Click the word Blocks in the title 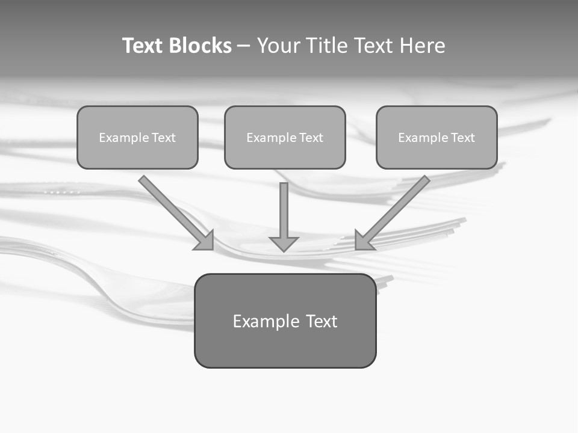(200, 46)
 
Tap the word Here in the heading (423, 46)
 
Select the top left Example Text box (137, 138)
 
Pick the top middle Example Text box (285, 138)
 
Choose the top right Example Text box (437, 138)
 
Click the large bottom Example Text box (285, 321)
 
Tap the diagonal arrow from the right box (397, 207)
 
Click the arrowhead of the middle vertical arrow (284, 244)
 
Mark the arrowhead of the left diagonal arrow (206, 241)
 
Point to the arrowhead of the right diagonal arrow (362, 241)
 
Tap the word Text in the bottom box (322, 321)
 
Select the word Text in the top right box (462, 138)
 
